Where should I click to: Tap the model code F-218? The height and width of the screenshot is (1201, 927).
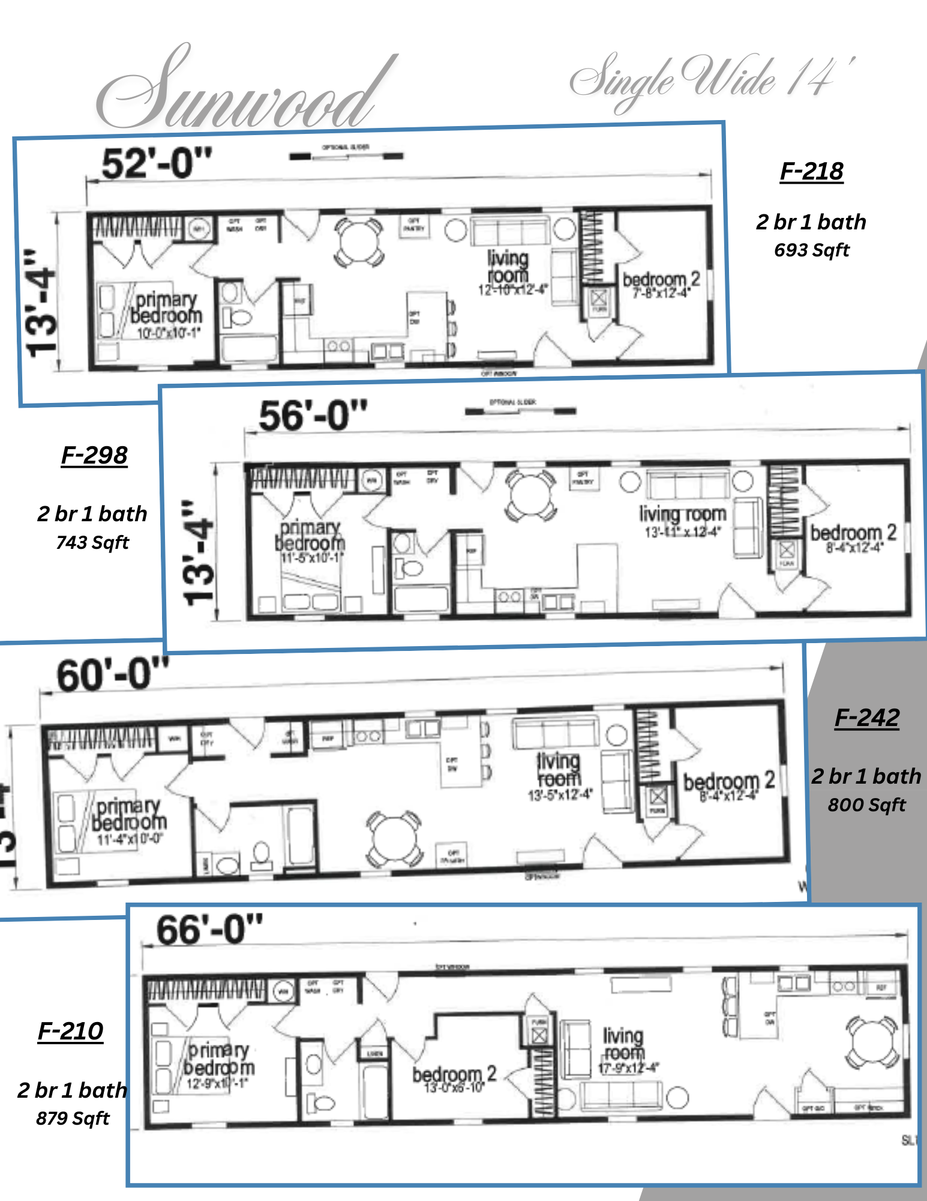[x=811, y=172]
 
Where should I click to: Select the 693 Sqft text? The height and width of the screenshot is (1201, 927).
[x=811, y=250]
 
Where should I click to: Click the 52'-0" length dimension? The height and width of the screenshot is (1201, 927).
[x=157, y=163]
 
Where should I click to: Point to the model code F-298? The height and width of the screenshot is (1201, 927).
[x=94, y=456]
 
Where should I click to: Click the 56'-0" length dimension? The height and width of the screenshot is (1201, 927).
[x=313, y=416]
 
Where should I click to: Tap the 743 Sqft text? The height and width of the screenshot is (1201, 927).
[x=92, y=543]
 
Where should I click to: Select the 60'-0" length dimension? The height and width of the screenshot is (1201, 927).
[x=112, y=675]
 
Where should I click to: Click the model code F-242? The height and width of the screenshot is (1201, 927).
[x=867, y=718]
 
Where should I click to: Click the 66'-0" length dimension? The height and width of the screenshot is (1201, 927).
[x=209, y=930]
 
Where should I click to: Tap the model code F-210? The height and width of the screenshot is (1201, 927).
[x=71, y=1032]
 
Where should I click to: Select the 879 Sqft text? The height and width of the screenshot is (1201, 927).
[x=73, y=1119]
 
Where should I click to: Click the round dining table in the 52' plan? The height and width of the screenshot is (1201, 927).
[x=359, y=243]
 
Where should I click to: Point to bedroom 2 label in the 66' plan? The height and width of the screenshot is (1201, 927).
[x=454, y=1075]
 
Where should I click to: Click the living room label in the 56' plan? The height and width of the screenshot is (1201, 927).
[x=682, y=515]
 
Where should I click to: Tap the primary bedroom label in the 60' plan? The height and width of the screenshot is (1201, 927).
[x=129, y=815]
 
